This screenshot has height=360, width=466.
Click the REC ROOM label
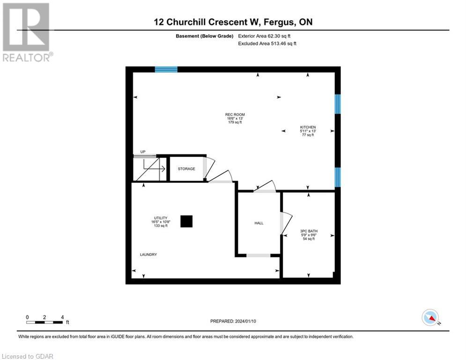click(235, 114)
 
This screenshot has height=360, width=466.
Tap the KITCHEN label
click(308, 127)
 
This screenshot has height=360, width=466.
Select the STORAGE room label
click(186, 169)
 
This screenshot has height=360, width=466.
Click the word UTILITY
click(161, 218)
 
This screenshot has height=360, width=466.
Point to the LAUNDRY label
click(148, 255)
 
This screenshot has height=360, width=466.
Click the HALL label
click(259, 223)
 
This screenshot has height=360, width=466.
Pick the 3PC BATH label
click(308, 231)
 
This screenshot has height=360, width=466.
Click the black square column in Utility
click(187, 221)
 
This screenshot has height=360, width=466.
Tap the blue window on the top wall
click(166, 69)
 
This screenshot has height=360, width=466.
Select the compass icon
click(429, 317)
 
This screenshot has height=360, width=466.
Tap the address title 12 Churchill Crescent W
click(232, 22)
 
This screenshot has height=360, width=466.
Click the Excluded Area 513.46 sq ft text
click(267, 43)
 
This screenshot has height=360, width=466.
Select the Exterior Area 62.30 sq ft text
click(267, 36)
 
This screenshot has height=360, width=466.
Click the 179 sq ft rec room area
click(235, 122)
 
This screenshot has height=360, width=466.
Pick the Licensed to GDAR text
click(28, 356)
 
